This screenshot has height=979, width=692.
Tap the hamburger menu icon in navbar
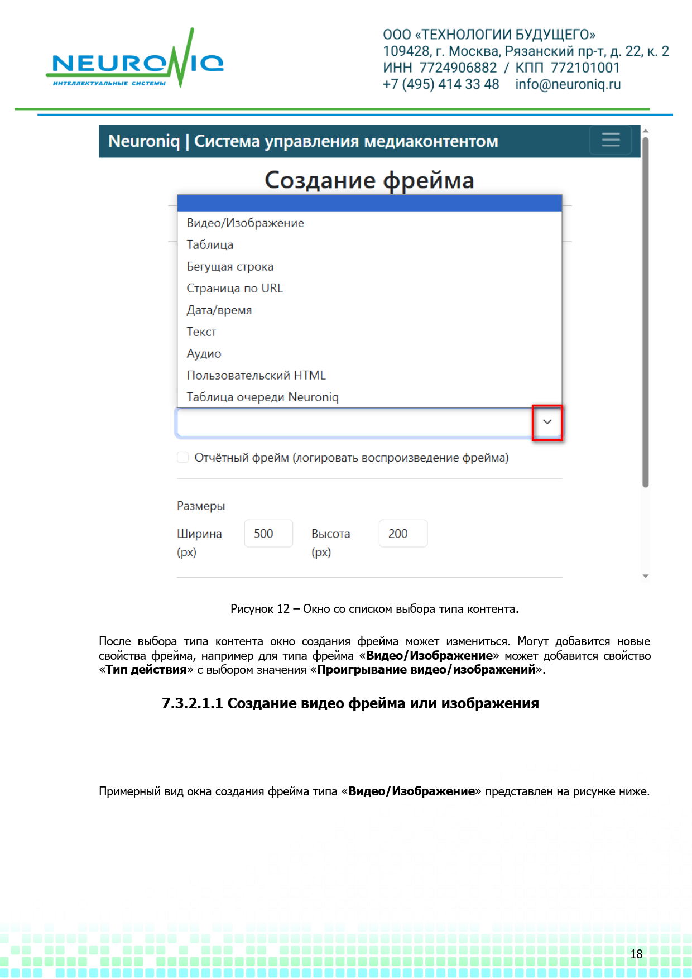click(611, 140)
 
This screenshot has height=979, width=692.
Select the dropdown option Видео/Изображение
click(246, 223)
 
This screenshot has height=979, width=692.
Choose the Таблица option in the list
click(210, 245)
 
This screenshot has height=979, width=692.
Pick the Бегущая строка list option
click(230, 267)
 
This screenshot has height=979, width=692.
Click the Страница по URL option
click(234, 289)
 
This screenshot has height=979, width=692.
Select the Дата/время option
click(219, 310)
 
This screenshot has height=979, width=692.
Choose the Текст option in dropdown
click(201, 332)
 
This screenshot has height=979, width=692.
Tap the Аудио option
click(204, 354)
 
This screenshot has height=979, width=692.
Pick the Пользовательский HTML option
click(256, 376)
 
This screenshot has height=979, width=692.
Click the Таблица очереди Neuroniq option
click(262, 397)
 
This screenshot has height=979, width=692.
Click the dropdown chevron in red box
click(547, 423)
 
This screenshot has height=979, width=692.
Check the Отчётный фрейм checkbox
click(182, 458)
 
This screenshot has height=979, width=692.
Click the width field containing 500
click(268, 534)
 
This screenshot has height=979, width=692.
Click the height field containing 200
click(403, 534)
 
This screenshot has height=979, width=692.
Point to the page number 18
click(636, 954)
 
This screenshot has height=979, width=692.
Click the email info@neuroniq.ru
click(568, 84)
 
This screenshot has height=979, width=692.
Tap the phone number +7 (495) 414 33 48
click(441, 84)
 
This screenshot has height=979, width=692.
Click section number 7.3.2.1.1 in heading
click(192, 703)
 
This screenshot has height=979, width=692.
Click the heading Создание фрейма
click(369, 180)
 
